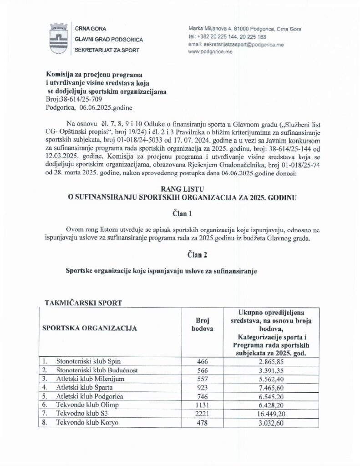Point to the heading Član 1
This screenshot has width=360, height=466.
click(180, 212)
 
